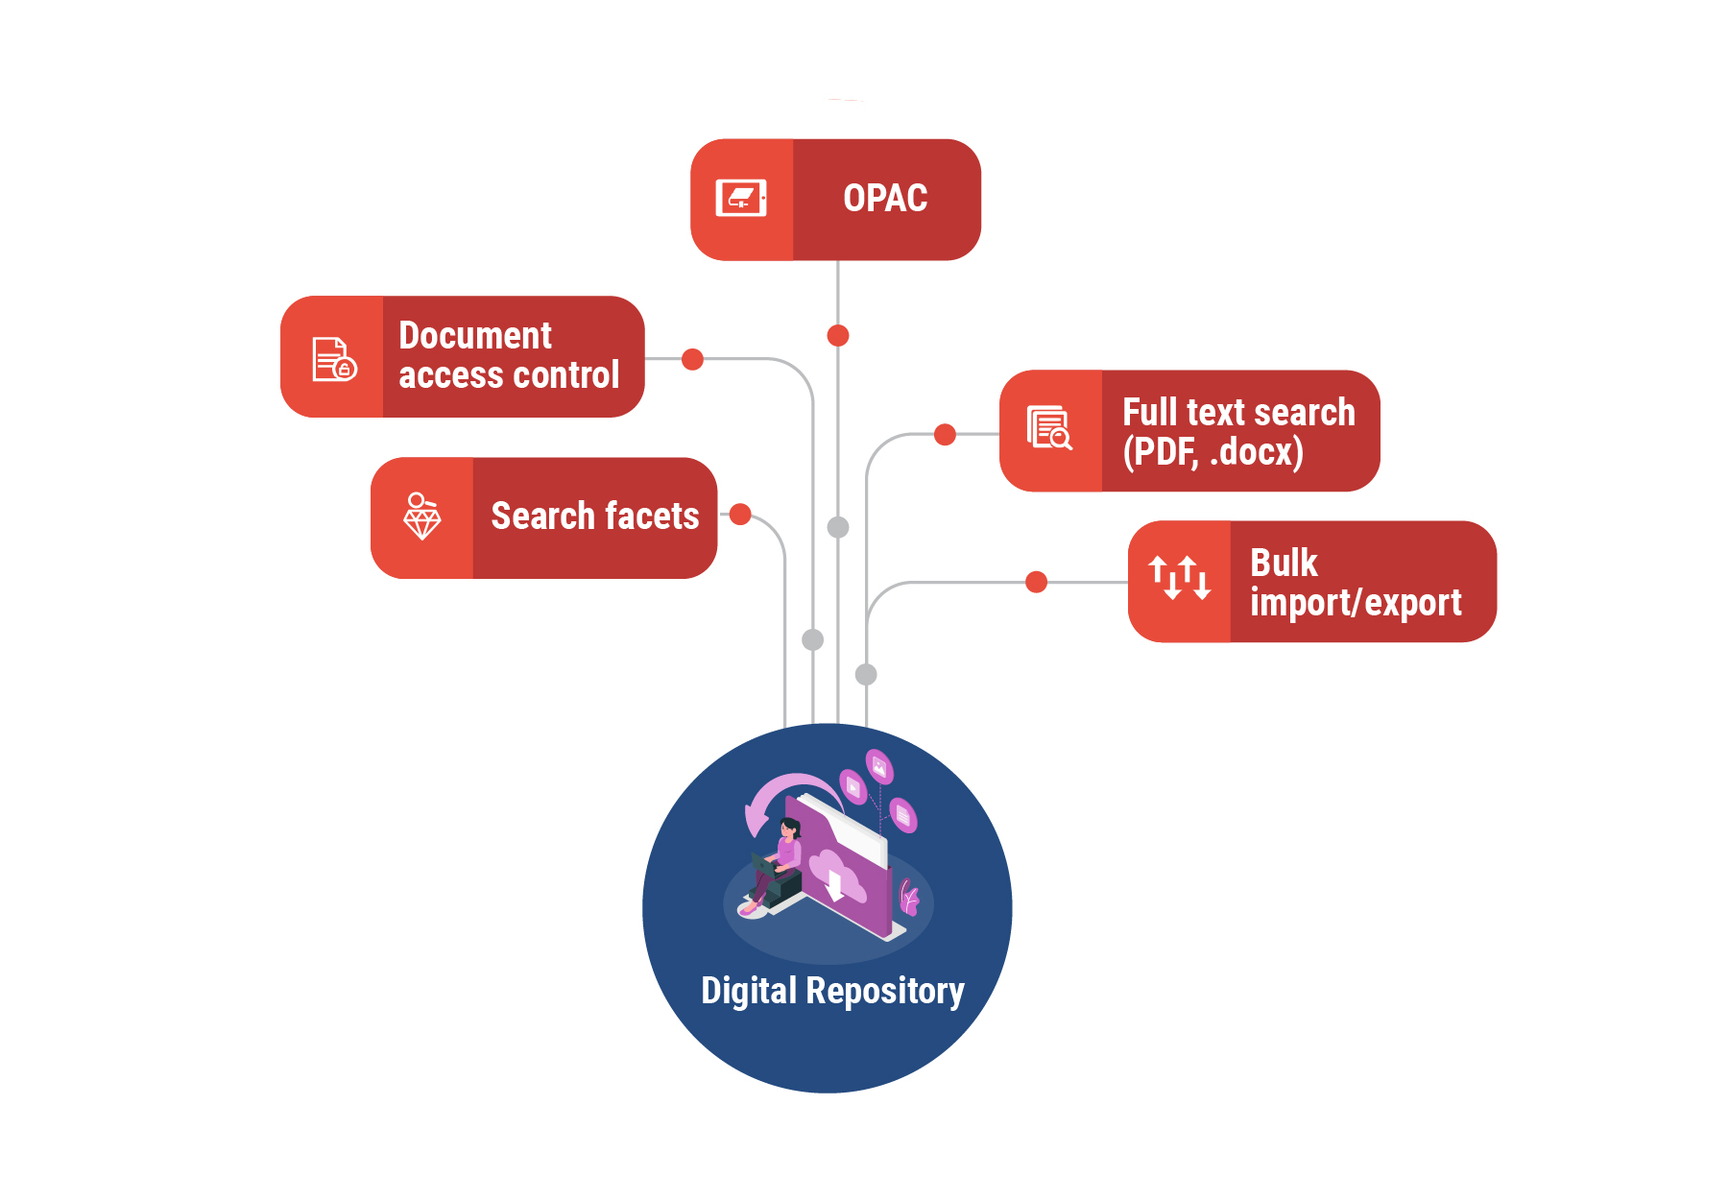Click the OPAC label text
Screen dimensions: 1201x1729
pos(885,199)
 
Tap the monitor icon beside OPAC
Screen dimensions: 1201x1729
pos(741,199)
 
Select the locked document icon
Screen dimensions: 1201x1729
pos(334,359)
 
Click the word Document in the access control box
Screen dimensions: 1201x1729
pos(475,336)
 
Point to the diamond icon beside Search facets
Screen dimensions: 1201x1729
pos(421,516)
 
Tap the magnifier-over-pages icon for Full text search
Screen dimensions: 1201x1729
pos(1049,428)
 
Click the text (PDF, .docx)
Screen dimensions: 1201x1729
pos(1213,452)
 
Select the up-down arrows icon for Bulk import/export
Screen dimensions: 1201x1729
pos(1180,578)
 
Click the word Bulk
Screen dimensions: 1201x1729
pos(1284,564)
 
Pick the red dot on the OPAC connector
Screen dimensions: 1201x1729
pos(838,335)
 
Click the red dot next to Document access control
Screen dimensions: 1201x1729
pos(692,359)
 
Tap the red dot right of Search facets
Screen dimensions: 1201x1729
pos(740,514)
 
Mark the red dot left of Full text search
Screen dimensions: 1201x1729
pos(945,434)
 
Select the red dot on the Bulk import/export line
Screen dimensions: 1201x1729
pos(1036,582)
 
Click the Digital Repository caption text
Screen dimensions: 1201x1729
pos(832,991)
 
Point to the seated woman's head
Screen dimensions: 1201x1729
pos(790,827)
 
